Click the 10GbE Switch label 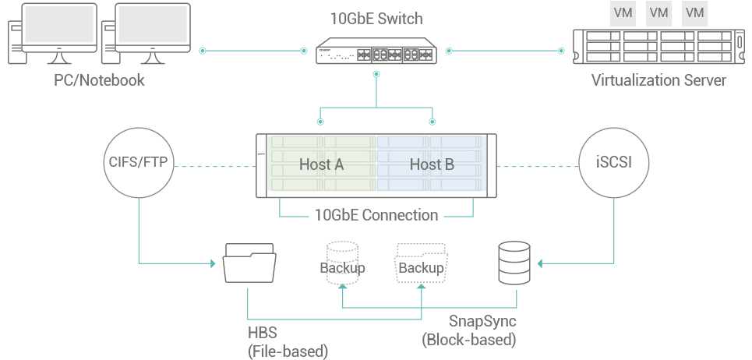(376, 19)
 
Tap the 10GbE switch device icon (376, 52)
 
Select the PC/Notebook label (99, 80)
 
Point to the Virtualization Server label (658, 80)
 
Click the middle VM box (658, 12)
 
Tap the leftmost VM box (623, 12)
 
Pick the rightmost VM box (694, 12)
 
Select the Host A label (322, 164)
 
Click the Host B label (432, 164)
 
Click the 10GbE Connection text (376, 215)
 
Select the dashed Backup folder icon (422, 263)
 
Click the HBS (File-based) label (288, 343)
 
